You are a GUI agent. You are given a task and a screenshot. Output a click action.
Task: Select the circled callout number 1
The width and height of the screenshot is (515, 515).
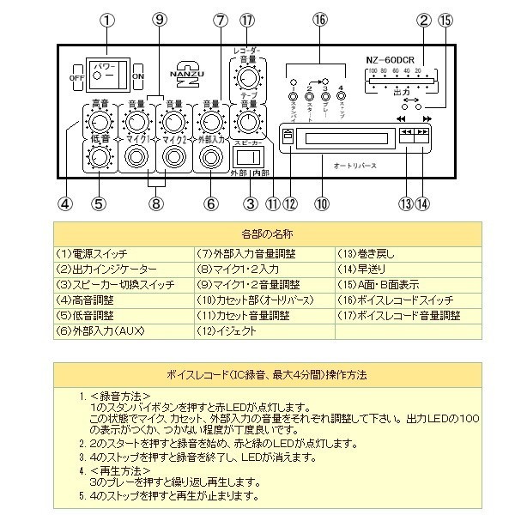pyautogui.click(x=107, y=20)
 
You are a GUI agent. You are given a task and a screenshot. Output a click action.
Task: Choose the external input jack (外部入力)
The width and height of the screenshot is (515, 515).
pyautogui.click(x=209, y=157)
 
